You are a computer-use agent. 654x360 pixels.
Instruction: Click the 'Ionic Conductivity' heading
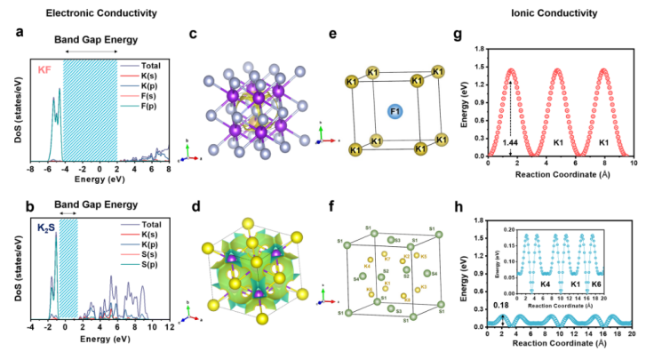coord(555,12)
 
